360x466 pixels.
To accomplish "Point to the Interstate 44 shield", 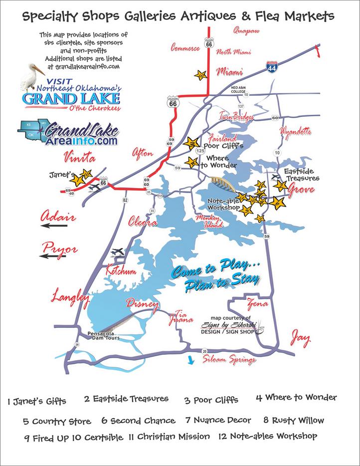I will point(271,67).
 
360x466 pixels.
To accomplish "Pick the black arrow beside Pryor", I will point(52,256).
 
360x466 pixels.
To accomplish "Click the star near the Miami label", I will point(200,75).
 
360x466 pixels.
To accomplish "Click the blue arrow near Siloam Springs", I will point(190,361).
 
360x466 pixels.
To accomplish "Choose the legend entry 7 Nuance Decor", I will point(218,420).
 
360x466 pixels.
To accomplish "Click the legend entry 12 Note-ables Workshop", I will point(268,436).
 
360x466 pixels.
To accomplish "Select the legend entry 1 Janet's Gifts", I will point(37,401).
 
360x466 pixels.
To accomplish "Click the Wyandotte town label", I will point(296,132).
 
